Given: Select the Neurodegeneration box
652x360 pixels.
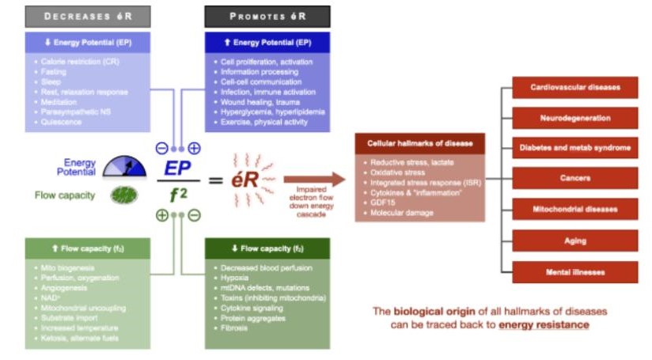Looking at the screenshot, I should click(575, 118).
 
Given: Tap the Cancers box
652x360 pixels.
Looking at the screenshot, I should click(575, 178).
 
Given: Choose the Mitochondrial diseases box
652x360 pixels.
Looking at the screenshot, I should click(575, 209).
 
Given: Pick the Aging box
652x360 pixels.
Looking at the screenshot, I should click(575, 241).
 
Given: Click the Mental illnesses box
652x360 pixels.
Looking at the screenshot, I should click(575, 271).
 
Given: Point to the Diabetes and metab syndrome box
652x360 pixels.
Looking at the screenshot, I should click(575, 148).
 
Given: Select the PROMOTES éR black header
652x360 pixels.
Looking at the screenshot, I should click(267, 17).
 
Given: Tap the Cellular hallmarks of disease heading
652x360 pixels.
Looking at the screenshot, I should click(419, 144).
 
